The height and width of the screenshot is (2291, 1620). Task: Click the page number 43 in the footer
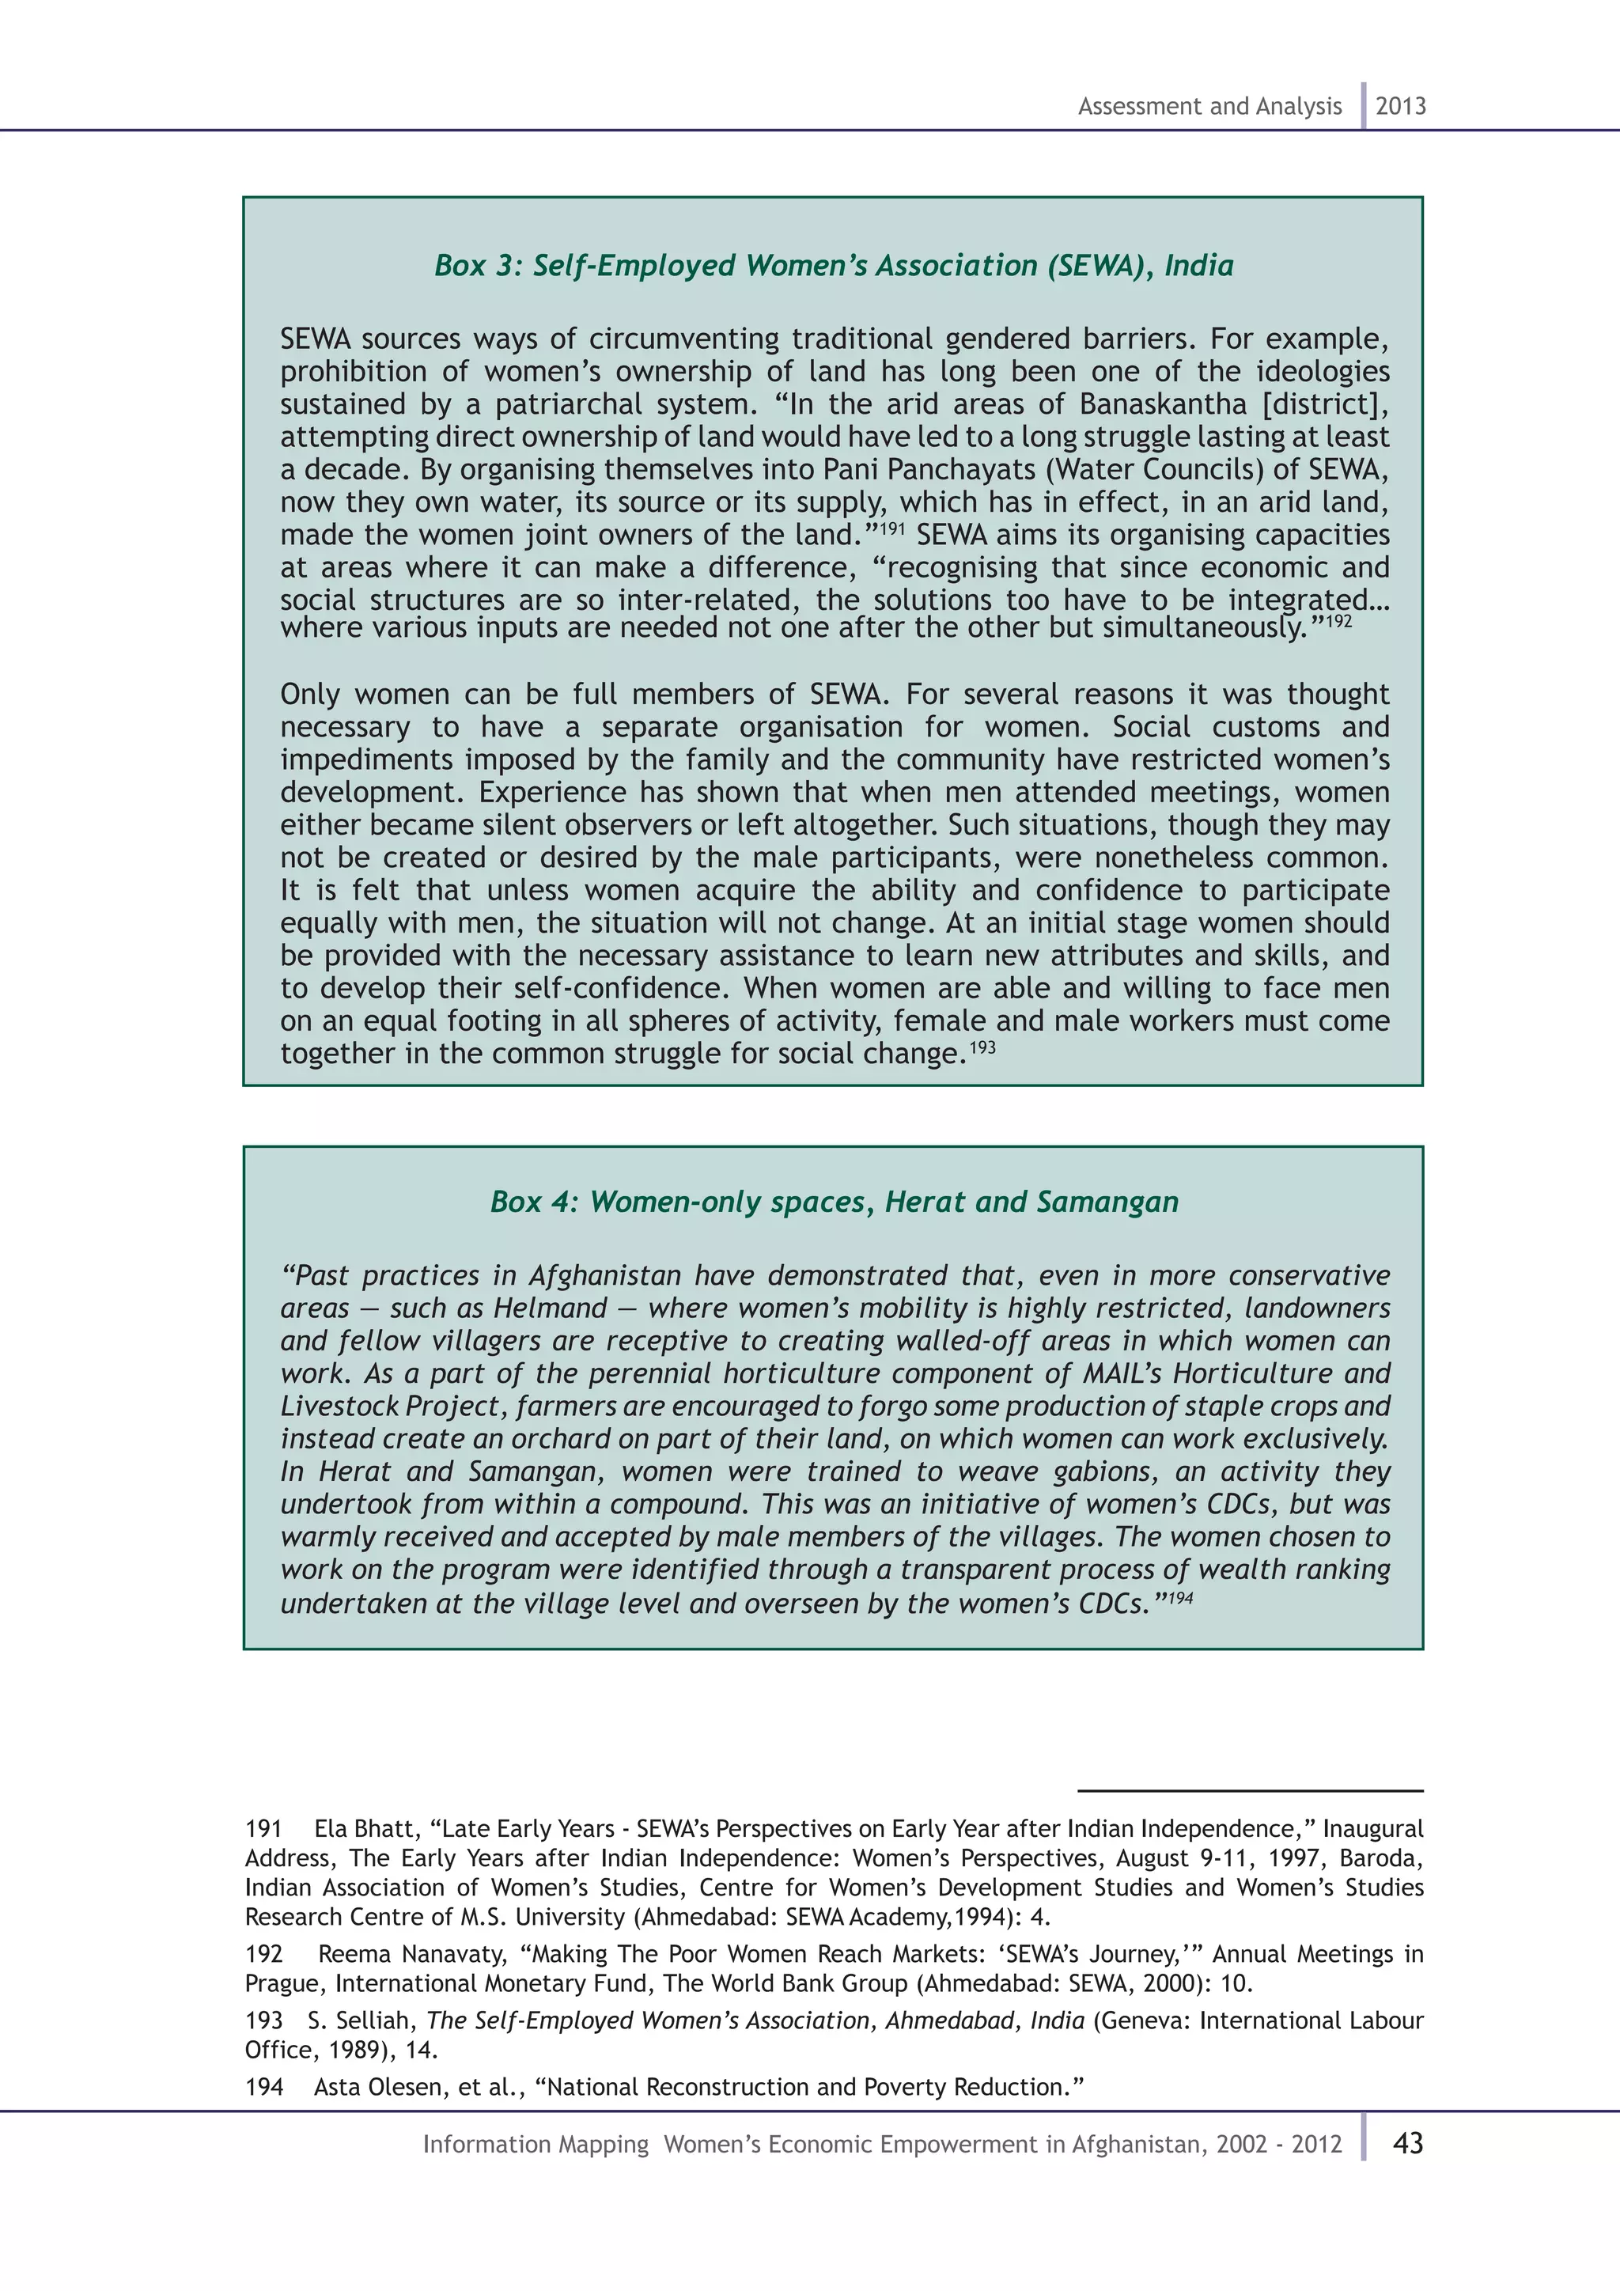1407,2143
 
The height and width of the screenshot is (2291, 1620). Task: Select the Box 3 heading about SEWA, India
833,266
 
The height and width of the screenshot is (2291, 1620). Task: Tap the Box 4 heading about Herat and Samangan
833,1202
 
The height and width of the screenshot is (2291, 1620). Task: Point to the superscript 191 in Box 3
891,526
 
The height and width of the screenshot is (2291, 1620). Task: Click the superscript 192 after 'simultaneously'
1338,621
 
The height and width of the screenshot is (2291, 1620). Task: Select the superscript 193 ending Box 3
982,1047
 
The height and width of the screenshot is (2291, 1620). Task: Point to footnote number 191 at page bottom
263,1829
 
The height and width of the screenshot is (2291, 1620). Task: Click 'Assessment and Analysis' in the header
1209,107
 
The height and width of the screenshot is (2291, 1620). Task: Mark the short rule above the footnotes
1249,1791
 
